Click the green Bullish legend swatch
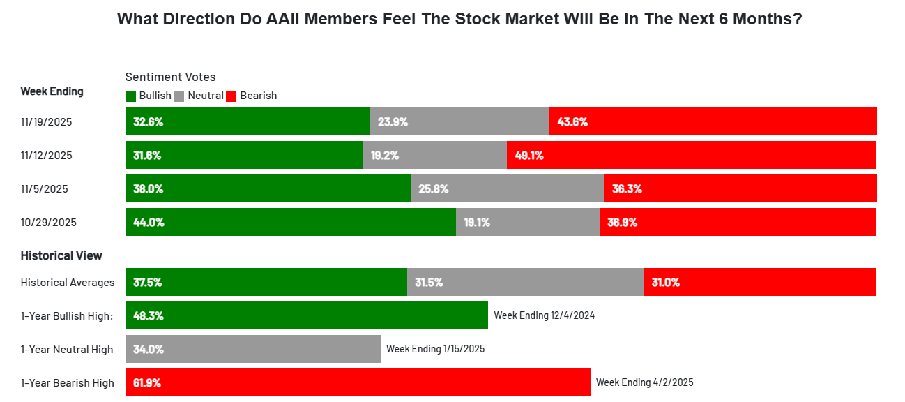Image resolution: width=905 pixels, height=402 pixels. [130, 96]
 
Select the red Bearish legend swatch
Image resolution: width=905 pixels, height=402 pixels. [231, 96]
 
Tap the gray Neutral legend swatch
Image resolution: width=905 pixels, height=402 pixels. [178, 96]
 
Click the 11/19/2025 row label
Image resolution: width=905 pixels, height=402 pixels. [47, 121]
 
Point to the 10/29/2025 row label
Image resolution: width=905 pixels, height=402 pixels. [49, 223]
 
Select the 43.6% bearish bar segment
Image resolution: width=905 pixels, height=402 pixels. [713, 121]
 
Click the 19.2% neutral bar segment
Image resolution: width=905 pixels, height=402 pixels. [435, 155]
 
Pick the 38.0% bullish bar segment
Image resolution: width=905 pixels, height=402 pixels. [268, 188]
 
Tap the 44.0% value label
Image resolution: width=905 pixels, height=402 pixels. [149, 223]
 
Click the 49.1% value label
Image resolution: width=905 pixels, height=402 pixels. [529, 156]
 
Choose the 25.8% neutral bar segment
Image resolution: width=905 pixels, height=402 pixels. [508, 188]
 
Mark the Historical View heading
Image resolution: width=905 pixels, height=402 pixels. [61, 255]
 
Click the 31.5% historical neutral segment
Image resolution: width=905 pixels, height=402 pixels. [526, 282]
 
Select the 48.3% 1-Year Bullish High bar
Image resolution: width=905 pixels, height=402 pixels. [307, 315]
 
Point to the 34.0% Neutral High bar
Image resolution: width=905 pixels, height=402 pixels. [253, 349]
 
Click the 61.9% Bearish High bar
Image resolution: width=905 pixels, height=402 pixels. [358, 382]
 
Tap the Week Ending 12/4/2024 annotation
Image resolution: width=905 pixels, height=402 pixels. [545, 315]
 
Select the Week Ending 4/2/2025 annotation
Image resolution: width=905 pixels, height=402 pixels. [645, 382]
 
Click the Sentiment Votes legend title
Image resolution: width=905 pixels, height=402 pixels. [171, 77]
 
